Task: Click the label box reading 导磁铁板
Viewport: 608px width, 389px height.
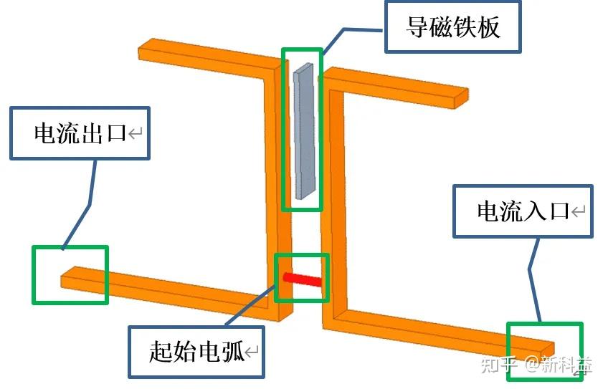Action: pyautogui.click(x=452, y=27)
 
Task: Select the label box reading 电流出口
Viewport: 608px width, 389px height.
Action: pyautogui.click(x=80, y=133)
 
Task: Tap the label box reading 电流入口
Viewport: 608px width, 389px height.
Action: pyautogui.click(x=523, y=211)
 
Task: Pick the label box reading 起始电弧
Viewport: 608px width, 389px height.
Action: pyautogui.click(x=196, y=352)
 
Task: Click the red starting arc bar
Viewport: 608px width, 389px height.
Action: pyautogui.click(x=303, y=279)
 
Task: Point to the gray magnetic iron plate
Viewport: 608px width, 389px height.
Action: pyautogui.click(x=303, y=129)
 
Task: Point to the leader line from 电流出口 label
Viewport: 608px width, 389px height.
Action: pyautogui.click(x=89, y=200)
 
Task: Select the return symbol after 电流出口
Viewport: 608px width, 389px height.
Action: pyautogui.click(x=136, y=133)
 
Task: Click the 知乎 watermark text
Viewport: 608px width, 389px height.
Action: pyautogui.click(x=500, y=365)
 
